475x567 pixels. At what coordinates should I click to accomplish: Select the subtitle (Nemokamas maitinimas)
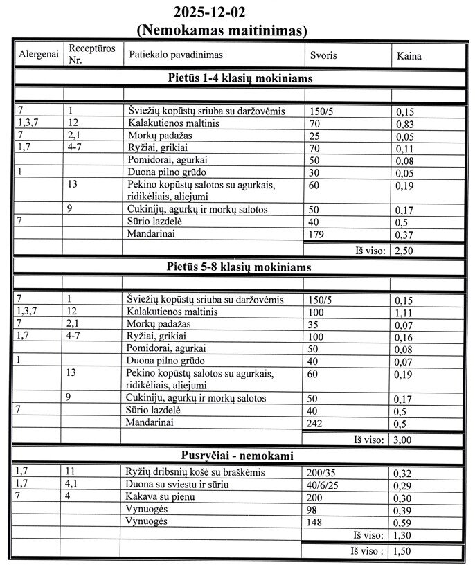click(222, 30)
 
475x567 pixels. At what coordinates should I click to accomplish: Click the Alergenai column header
click(38, 55)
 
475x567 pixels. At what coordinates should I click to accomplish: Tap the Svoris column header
click(323, 55)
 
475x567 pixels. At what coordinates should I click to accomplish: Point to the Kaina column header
click(409, 55)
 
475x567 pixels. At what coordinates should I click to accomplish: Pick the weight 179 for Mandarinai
click(315, 236)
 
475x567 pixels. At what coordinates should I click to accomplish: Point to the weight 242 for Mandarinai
click(315, 423)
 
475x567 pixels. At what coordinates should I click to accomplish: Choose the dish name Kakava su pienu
click(161, 497)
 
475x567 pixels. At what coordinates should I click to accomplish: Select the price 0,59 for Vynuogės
click(402, 522)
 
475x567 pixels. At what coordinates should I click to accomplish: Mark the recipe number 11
click(74, 472)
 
